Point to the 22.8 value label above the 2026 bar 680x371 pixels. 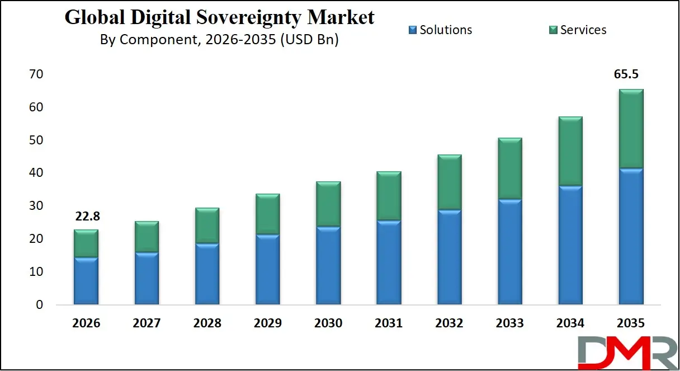click(86, 217)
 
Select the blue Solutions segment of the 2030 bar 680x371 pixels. click(328, 266)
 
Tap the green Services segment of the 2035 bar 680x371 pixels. click(630, 129)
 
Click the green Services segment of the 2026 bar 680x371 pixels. click(86, 243)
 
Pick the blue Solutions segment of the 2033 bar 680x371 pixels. click(509, 252)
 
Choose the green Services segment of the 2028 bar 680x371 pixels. click(207, 226)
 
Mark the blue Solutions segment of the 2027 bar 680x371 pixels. click(147, 278)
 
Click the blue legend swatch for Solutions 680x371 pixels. click(413, 30)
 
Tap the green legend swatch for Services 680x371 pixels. click(553, 30)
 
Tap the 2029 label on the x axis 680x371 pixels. click(267, 323)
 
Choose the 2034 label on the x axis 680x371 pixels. click(570, 323)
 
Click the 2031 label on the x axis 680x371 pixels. click(389, 323)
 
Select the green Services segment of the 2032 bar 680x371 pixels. click(449, 182)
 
